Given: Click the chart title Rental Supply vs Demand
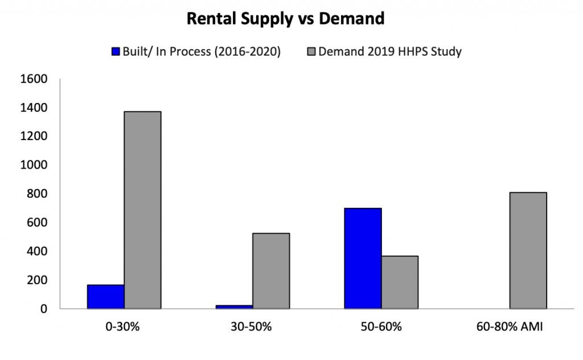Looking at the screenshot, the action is (x=286, y=19).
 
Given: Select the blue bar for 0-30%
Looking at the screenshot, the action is (x=105, y=297).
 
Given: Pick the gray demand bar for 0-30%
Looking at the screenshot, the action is (x=142, y=210).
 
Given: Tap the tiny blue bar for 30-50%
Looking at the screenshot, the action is (x=234, y=307).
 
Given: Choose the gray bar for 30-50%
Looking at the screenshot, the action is (x=271, y=271).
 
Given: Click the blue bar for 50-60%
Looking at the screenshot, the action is (x=363, y=259).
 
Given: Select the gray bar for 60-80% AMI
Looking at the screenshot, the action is (x=528, y=251).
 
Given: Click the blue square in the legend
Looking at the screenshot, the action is (x=117, y=51).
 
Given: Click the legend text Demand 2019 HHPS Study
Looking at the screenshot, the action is (x=390, y=51).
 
